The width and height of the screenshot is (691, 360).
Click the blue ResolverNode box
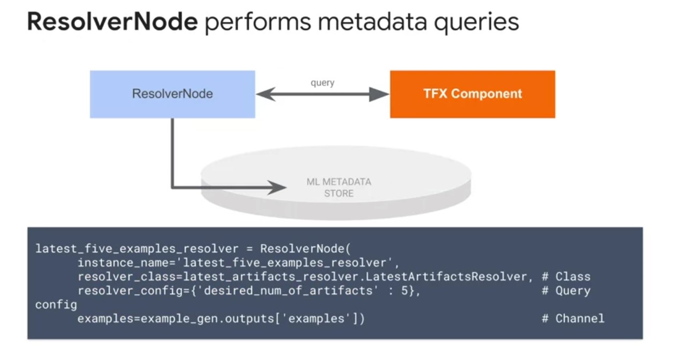point(172,94)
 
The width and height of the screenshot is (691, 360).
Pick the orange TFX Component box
point(472,94)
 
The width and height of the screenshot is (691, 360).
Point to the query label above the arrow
point(322,83)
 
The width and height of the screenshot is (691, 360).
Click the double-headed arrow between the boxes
point(322,95)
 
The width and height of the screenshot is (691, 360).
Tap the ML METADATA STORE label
point(339,187)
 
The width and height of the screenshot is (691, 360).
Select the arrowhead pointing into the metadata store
point(277,187)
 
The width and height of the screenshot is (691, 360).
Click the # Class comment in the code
point(566,277)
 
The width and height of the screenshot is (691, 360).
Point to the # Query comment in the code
point(566,291)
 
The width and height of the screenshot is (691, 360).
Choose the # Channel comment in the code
point(573,319)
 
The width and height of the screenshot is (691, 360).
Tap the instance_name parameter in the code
point(113,263)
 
